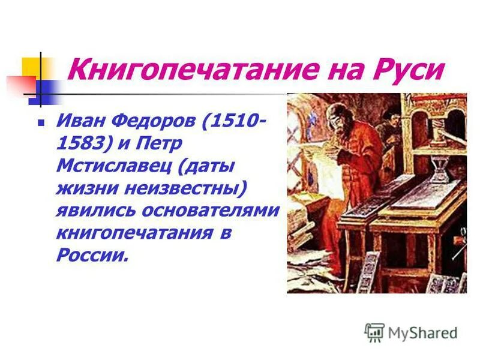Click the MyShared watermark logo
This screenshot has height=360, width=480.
coord(411,332)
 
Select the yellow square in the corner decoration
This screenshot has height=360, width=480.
coord(30,67)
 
